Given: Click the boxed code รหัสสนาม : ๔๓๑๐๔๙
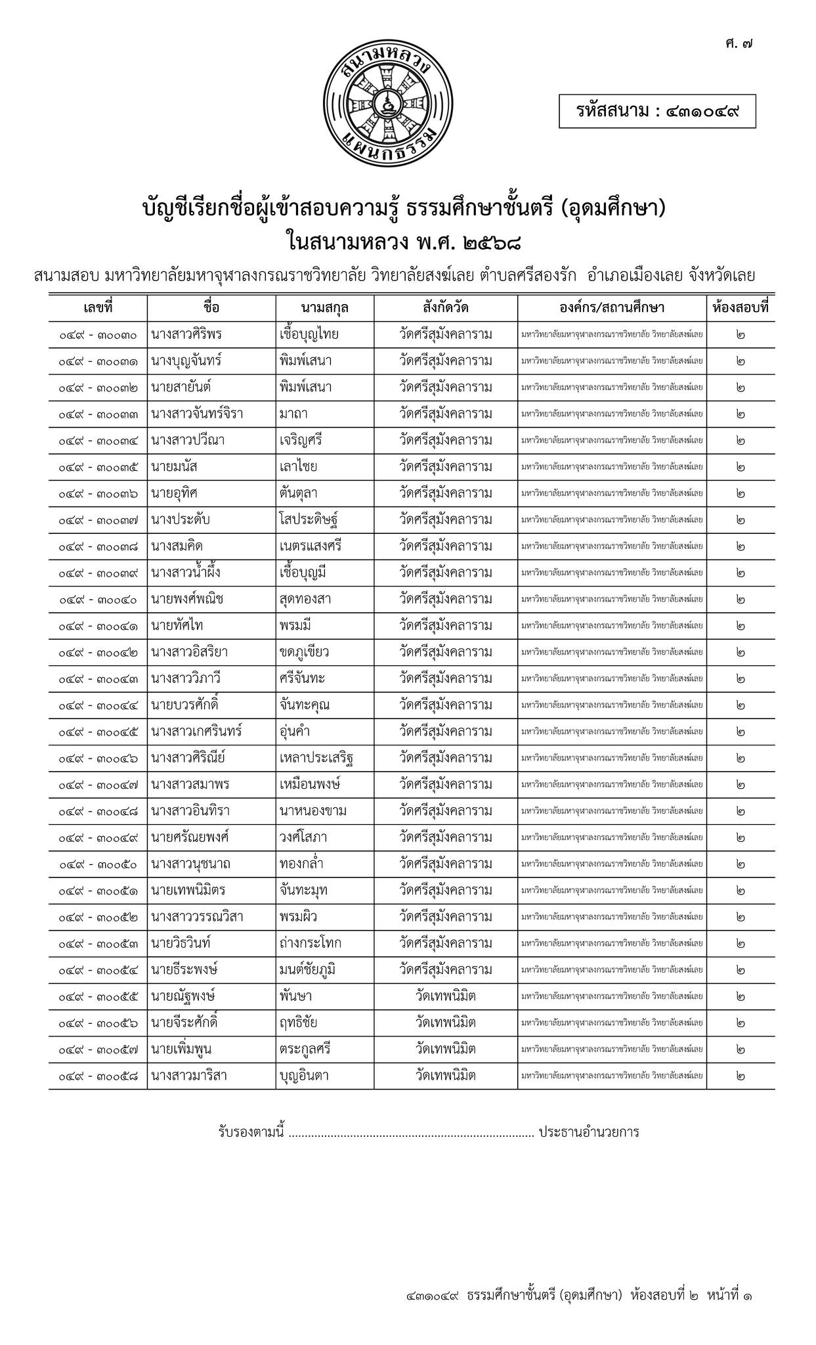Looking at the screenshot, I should coord(657,111).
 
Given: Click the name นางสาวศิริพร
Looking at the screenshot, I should coord(186,335).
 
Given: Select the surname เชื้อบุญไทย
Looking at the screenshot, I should coord(309,335).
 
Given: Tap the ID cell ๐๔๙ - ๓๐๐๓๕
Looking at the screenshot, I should coord(98,468).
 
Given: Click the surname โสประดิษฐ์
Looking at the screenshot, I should coord(309,520).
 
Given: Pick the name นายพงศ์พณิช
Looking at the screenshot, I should coord(188,600).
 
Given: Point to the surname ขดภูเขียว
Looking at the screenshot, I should coord(304,653).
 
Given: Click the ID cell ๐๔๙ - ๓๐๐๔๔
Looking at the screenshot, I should coord(98,705).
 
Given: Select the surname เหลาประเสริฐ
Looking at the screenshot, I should coord(316,759).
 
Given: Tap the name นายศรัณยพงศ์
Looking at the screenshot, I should coord(190,838).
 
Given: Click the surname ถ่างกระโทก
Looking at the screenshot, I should coord(310,944).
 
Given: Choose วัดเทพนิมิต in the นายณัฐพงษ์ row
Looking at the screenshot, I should coord(446,996).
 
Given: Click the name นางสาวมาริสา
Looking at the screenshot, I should coord(189,1076).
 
